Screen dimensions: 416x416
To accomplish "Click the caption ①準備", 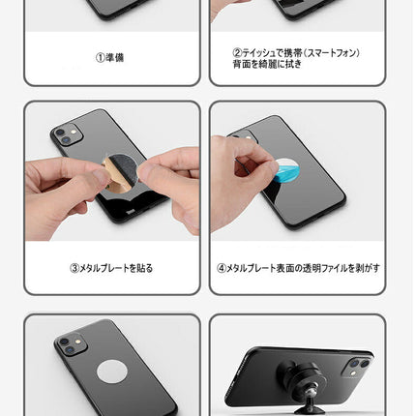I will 109,58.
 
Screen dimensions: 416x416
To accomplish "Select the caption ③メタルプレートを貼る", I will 109,268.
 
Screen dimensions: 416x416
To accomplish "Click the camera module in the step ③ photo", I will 67,135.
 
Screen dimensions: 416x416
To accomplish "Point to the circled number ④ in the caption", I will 221,268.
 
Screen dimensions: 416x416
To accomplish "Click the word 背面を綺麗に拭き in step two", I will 267,64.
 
